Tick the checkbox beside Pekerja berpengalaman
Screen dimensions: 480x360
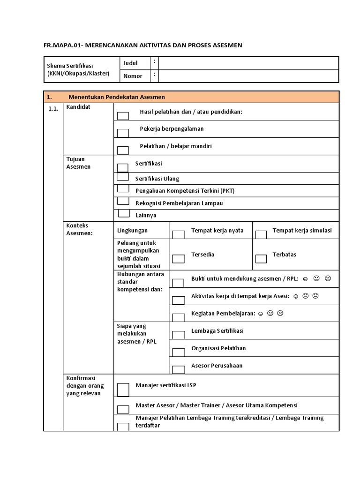pyautogui.click(x=123, y=133)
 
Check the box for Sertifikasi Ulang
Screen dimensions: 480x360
pyautogui.click(x=122, y=177)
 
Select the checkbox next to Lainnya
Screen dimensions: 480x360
pyautogui.click(x=124, y=213)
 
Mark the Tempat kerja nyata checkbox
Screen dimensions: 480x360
pyautogui.click(x=178, y=234)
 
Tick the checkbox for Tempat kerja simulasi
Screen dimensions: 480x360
pyautogui.click(x=261, y=234)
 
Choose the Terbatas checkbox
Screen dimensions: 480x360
pyautogui.click(x=261, y=258)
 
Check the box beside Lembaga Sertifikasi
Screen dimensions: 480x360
pyautogui.click(x=178, y=335)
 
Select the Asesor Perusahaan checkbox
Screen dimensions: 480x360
pyautogui.click(x=178, y=369)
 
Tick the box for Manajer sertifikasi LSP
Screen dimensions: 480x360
pyautogui.click(x=123, y=390)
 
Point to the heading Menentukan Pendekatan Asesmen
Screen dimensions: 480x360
pyautogui.click(x=117, y=97)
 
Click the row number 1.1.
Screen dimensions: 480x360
pyautogui.click(x=52, y=109)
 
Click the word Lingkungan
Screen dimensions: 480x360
pyautogui.click(x=132, y=231)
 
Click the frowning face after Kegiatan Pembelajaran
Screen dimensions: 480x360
pyautogui.click(x=280, y=313)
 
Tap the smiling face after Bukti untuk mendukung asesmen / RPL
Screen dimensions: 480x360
pyautogui.click(x=305, y=279)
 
